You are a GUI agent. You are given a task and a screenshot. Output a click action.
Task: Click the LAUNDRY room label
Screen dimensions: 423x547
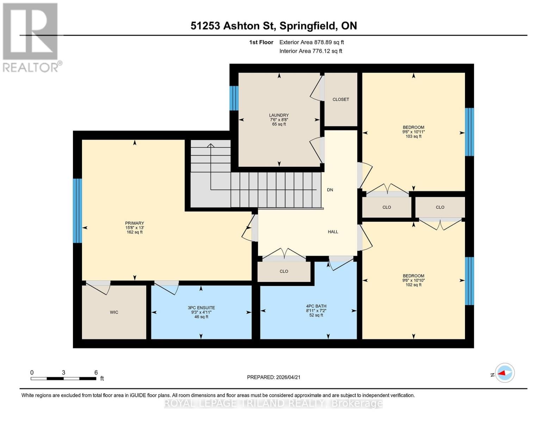point(279,115)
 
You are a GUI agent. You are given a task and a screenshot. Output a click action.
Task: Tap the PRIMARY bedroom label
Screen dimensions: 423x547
point(135,223)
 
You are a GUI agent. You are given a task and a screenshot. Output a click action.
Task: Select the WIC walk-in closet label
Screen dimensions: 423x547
point(114,312)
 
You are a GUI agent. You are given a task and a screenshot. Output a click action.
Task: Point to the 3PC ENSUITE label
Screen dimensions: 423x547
point(201,308)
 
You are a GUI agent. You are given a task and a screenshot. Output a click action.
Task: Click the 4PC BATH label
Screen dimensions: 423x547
point(316,306)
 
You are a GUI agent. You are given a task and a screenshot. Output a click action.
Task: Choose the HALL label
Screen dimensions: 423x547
point(333,232)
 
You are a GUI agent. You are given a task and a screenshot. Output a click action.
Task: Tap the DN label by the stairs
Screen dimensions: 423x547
point(330,190)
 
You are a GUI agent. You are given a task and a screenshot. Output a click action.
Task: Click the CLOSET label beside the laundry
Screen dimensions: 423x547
point(341,99)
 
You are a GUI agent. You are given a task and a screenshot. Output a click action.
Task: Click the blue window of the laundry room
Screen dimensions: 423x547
point(234,98)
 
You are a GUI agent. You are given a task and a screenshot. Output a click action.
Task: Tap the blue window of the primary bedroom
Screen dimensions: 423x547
point(77,210)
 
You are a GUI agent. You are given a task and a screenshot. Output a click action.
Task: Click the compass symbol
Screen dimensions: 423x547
point(505,373)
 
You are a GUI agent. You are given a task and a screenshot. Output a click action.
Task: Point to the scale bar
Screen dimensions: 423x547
point(63,379)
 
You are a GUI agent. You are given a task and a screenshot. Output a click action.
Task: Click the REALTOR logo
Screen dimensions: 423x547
point(31,37)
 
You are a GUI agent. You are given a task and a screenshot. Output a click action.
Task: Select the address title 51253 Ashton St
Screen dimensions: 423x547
point(274,26)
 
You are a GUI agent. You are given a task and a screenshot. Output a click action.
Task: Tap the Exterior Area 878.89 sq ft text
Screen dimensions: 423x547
point(311,42)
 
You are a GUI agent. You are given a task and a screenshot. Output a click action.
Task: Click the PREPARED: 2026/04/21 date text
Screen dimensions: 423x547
point(274,377)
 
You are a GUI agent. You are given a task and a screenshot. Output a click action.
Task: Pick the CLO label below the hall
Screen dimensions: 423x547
point(284,271)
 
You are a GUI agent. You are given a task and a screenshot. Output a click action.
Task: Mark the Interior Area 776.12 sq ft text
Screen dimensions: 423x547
point(311,51)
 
